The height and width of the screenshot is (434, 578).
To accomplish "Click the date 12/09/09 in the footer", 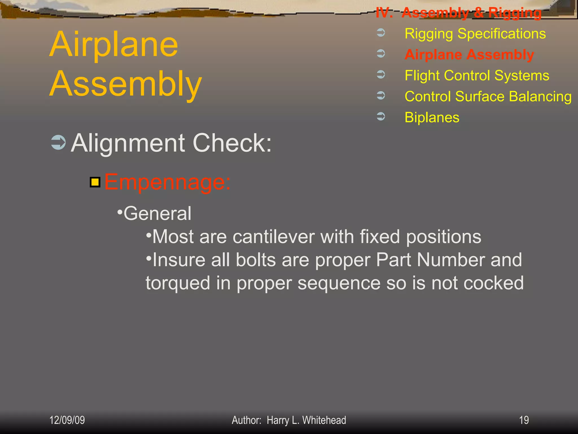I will [x=67, y=420].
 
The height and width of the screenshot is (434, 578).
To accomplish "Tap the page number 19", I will [x=524, y=420].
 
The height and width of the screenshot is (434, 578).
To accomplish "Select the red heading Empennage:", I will [x=167, y=182].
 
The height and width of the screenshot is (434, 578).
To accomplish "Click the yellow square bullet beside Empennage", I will [x=95, y=182].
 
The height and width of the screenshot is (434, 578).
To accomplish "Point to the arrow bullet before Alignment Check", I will [x=58, y=142].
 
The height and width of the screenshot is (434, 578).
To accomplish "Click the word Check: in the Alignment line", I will [x=232, y=143].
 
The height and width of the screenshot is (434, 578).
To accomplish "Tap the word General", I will [x=157, y=213].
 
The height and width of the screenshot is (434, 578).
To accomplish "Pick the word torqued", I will [x=178, y=283].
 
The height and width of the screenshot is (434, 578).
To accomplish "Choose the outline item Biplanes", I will [x=432, y=117].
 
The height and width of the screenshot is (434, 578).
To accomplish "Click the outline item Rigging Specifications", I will [x=475, y=34].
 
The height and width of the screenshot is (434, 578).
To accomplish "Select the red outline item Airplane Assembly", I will [x=469, y=55].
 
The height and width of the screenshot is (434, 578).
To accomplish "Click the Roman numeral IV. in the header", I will [x=384, y=13].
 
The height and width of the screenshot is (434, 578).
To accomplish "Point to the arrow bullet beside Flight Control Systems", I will [x=381, y=74].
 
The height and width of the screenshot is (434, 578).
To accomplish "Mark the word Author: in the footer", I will [x=246, y=420].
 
